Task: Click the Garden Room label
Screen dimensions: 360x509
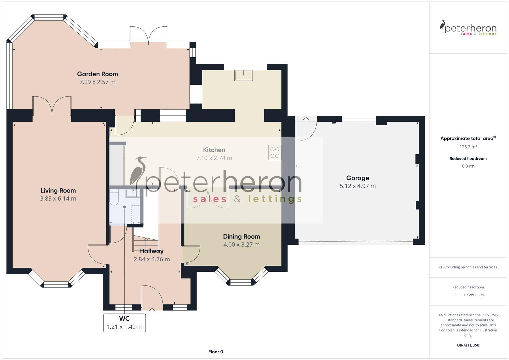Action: point(97,74)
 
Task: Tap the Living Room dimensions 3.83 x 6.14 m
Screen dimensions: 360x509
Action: point(58,199)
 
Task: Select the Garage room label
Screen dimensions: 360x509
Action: point(357,178)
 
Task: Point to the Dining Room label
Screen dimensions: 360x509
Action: point(241,237)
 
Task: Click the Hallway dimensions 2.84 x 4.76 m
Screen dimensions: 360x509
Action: point(152,259)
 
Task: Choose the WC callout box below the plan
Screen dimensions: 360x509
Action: point(124,323)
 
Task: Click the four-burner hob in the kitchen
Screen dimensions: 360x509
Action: point(275,152)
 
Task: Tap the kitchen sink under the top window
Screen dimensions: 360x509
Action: point(243,75)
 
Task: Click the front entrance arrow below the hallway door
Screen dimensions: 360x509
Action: point(152,310)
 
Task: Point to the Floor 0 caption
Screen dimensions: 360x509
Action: point(216,352)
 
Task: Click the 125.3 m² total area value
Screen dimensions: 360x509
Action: point(468,147)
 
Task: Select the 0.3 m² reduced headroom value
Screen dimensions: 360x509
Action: point(468,166)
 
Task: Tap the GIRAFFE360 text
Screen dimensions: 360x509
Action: point(468,345)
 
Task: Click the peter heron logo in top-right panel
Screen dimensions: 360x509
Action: point(468,28)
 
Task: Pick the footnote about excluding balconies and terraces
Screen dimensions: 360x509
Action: point(468,267)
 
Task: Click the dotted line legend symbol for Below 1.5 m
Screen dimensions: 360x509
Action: point(457,295)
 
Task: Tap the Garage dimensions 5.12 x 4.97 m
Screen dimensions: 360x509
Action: point(357,186)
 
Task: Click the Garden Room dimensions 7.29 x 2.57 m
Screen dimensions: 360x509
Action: point(97,82)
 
